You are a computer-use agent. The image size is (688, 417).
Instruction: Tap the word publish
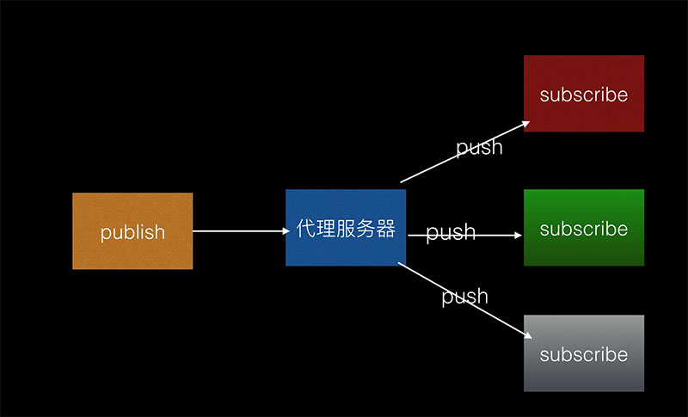(132, 232)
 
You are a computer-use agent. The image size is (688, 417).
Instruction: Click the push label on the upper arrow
(479, 147)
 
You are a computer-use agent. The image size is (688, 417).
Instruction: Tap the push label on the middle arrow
(451, 232)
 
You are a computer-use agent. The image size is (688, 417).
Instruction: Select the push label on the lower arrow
(464, 297)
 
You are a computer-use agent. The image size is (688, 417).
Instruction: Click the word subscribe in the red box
(584, 95)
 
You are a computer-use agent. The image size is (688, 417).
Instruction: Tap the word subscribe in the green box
(584, 229)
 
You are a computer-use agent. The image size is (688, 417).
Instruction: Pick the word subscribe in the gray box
(584, 354)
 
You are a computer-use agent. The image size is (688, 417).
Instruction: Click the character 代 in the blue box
(305, 229)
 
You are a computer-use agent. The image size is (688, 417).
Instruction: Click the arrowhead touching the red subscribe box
(524, 124)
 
